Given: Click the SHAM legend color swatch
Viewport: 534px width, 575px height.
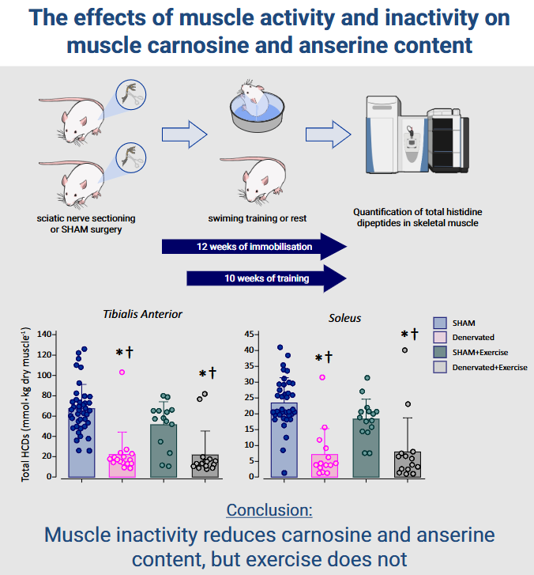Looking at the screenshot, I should tap(441, 322).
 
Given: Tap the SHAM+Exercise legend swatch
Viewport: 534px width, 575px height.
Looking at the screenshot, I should tap(441, 351).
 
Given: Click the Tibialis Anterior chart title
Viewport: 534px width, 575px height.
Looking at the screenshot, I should tap(143, 314).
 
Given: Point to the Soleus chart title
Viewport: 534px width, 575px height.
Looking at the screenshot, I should tap(344, 318).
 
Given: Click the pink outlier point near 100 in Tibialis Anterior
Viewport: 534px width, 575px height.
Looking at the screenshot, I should tap(122, 372).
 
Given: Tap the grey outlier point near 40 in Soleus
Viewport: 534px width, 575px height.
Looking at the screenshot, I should tap(405, 350).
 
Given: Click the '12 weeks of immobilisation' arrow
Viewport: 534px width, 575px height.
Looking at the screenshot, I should tap(254, 247).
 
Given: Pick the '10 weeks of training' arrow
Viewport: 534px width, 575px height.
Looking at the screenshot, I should tap(266, 278).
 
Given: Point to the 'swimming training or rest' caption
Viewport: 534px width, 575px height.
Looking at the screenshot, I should tap(257, 218).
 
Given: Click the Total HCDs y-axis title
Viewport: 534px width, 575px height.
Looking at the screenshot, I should tap(25, 404).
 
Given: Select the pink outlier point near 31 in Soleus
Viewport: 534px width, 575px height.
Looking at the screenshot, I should tap(321, 377).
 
